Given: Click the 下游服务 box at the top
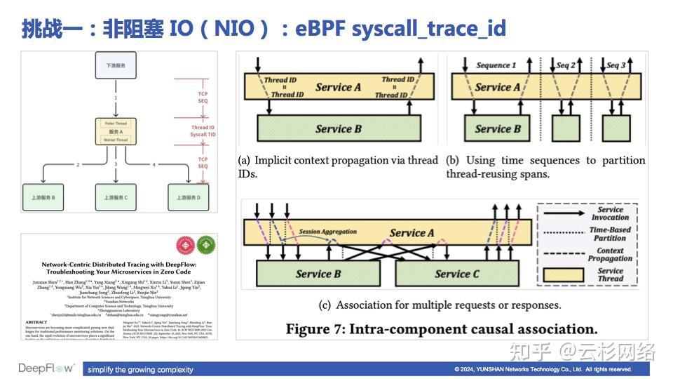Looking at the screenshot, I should [115, 65].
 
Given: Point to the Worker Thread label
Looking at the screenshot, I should [115, 140].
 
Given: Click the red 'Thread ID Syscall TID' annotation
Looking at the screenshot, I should [203, 131].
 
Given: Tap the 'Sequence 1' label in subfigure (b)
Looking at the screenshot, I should [496, 65].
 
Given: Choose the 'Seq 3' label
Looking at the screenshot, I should [616, 65].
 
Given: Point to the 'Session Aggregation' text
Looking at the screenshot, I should [327, 232].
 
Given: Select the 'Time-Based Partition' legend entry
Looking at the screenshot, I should [610, 234].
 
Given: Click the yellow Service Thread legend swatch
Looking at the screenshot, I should [561, 274].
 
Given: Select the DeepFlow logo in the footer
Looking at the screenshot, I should [48, 368].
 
